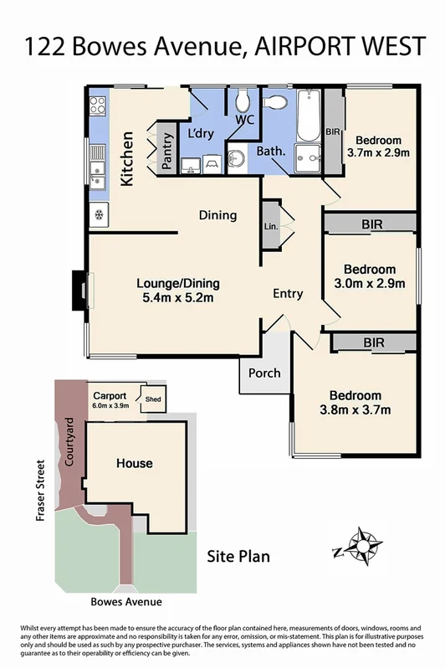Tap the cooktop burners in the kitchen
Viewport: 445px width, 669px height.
pyautogui.click(x=97, y=106)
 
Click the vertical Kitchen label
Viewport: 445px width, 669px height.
pyautogui.click(x=128, y=158)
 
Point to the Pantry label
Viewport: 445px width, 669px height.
pyautogui.click(x=166, y=152)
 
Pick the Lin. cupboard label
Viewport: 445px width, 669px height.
pyautogui.click(x=270, y=226)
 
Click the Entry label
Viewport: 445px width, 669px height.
pyautogui.click(x=288, y=294)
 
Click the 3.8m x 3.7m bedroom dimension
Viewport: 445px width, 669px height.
pyautogui.click(x=355, y=409)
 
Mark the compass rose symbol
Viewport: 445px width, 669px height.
pyautogui.click(x=362, y=546)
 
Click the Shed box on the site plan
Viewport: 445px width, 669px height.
pyautogui.click(x=153, y=399)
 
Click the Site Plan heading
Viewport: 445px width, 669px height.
pyautogui.click(x=238, y=557)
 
